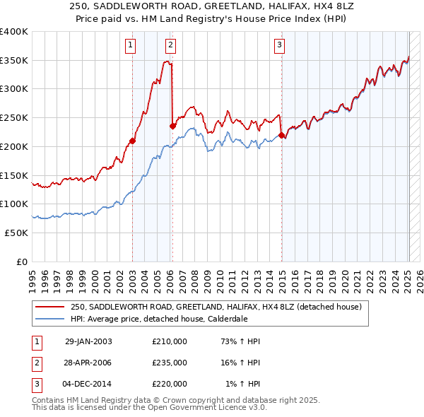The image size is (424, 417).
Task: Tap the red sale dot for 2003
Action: click(x=132, y=141)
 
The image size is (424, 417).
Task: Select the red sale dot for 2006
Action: click(x=172, y=127)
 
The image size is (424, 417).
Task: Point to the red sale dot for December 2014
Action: click(x=281, y=135)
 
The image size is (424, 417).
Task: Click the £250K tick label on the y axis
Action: click(x=13, y=117)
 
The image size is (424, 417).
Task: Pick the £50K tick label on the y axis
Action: click(x=16, y=233)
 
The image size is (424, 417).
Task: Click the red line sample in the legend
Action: click(x=49, y=307)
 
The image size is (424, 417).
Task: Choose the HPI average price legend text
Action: click(x=159, y=319)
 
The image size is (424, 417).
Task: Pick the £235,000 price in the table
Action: click(x=170, y=363)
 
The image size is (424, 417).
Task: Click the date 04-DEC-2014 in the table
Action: click(x=88, y=384)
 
